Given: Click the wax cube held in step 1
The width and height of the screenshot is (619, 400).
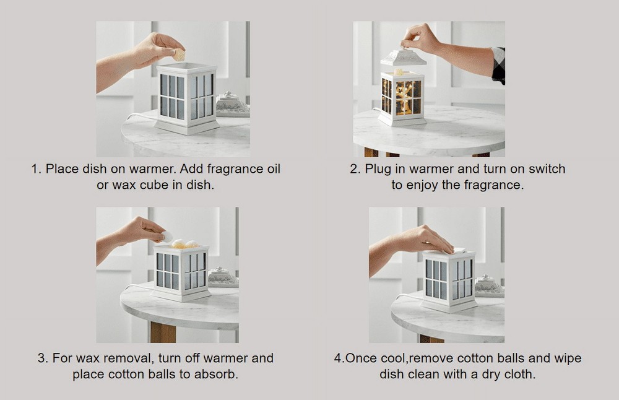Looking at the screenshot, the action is tap(180, 55).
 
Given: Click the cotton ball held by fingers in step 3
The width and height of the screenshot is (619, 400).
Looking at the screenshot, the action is tap(167, 237).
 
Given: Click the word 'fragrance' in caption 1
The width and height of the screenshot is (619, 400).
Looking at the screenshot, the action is tap(235, 169).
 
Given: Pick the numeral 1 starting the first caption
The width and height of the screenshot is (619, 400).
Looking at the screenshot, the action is tap(34, 169).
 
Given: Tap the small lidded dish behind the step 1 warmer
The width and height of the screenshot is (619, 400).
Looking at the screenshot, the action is tap(233, 105).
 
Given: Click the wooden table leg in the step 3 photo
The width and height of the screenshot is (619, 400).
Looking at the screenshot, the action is tap(163, 333).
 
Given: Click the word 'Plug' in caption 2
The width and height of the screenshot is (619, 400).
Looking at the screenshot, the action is tap(378, 169).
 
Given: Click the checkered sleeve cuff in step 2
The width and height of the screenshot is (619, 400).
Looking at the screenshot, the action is tap(498, 65).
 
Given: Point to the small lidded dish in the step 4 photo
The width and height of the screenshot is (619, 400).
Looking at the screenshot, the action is tap(489, 286).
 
